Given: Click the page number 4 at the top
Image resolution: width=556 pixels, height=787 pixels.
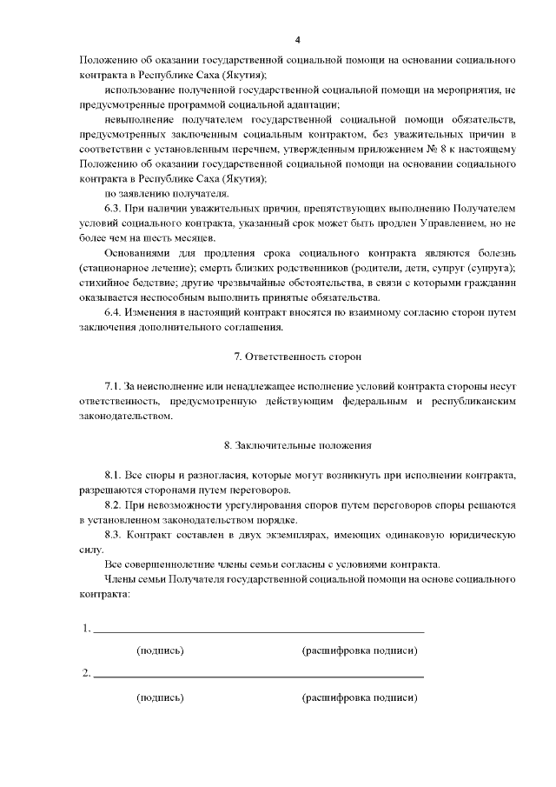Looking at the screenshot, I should [298, 40].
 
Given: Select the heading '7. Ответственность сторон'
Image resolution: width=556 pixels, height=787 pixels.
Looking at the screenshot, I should [298, 357].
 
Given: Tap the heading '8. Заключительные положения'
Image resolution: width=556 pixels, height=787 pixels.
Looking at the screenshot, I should [298, 445].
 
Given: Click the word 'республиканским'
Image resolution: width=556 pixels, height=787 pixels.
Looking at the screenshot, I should [475, 401].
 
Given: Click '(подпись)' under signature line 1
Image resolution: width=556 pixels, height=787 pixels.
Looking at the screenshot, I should [161, 650].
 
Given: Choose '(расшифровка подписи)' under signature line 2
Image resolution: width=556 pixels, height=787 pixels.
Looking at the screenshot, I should [360, 697].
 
